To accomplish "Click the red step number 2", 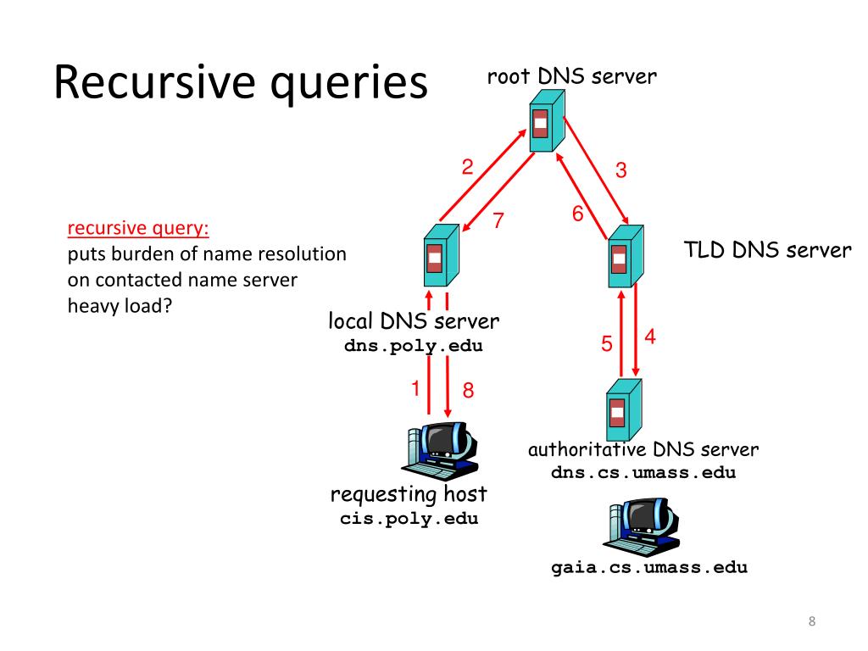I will [467, 167].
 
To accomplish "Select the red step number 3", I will [621, 171].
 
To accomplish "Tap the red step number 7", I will [499, 221].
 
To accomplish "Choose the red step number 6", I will [577, 214].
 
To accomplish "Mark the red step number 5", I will [607, 344].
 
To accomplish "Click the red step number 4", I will [649, 337].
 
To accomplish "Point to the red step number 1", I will [416, 389].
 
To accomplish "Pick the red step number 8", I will [467, 392].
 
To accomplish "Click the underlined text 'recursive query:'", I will [137, 228].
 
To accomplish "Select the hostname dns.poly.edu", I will [414, 347].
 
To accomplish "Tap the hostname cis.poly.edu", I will [409, 520].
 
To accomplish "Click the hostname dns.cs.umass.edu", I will [643, 473].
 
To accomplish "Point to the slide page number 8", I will [811, 623].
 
